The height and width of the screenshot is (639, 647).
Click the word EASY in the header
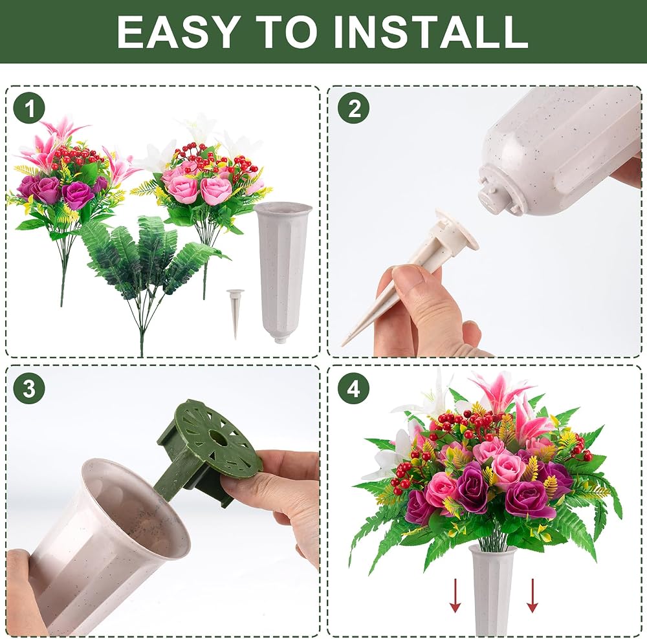pos(177,32)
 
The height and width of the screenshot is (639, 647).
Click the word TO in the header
pos(285,32)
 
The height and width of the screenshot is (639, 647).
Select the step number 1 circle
pos(30,109)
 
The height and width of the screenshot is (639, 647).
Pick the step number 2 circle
pos(354,109)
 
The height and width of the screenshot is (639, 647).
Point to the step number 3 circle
pos(29,389)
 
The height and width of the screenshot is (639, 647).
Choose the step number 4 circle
pos(353,389)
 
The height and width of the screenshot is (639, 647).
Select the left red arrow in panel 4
pos(455,595)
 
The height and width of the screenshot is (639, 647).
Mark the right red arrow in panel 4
pos(532,595)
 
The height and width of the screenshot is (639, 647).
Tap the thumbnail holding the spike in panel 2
pos(408,274)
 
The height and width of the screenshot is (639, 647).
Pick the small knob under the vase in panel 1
pos(280,340)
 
